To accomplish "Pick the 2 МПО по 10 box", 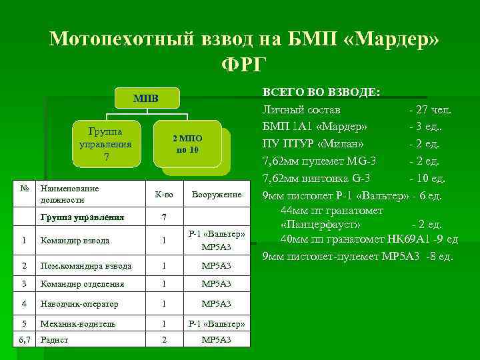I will pos(187,143).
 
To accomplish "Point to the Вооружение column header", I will pos(217,195).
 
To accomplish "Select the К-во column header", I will pos(164,195).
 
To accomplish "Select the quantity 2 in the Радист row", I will pos(164,339).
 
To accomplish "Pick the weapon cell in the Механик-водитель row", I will pos(217,323).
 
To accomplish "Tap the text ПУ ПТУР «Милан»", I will pos(313,143).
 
